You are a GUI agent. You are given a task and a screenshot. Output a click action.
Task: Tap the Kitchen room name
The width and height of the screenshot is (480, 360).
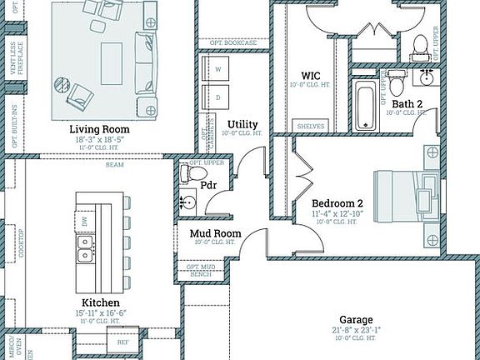[x=100, y=302]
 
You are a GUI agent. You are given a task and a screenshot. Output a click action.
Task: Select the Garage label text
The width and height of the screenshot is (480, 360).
[x=355, y=320]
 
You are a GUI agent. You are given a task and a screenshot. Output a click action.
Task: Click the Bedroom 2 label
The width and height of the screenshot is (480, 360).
[x=337, y=202]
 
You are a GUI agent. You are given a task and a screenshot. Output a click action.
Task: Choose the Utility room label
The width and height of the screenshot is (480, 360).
[x=242, y=123]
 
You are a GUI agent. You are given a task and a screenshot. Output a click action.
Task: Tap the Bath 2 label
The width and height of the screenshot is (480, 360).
[x=407, y=103]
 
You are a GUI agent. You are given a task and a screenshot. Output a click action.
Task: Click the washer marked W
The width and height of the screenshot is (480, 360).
[x=218, y=69]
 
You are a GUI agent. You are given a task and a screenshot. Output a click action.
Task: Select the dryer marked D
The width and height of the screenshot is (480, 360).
[x=218, y=97]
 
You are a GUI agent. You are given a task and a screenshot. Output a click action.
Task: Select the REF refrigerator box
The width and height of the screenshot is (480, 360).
[x=122, y=342]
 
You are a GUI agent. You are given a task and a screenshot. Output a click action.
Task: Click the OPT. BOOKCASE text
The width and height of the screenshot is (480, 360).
[x=232, y=42]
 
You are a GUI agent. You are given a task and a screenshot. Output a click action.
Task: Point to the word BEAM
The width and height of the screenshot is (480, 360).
[x=114, y=165]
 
